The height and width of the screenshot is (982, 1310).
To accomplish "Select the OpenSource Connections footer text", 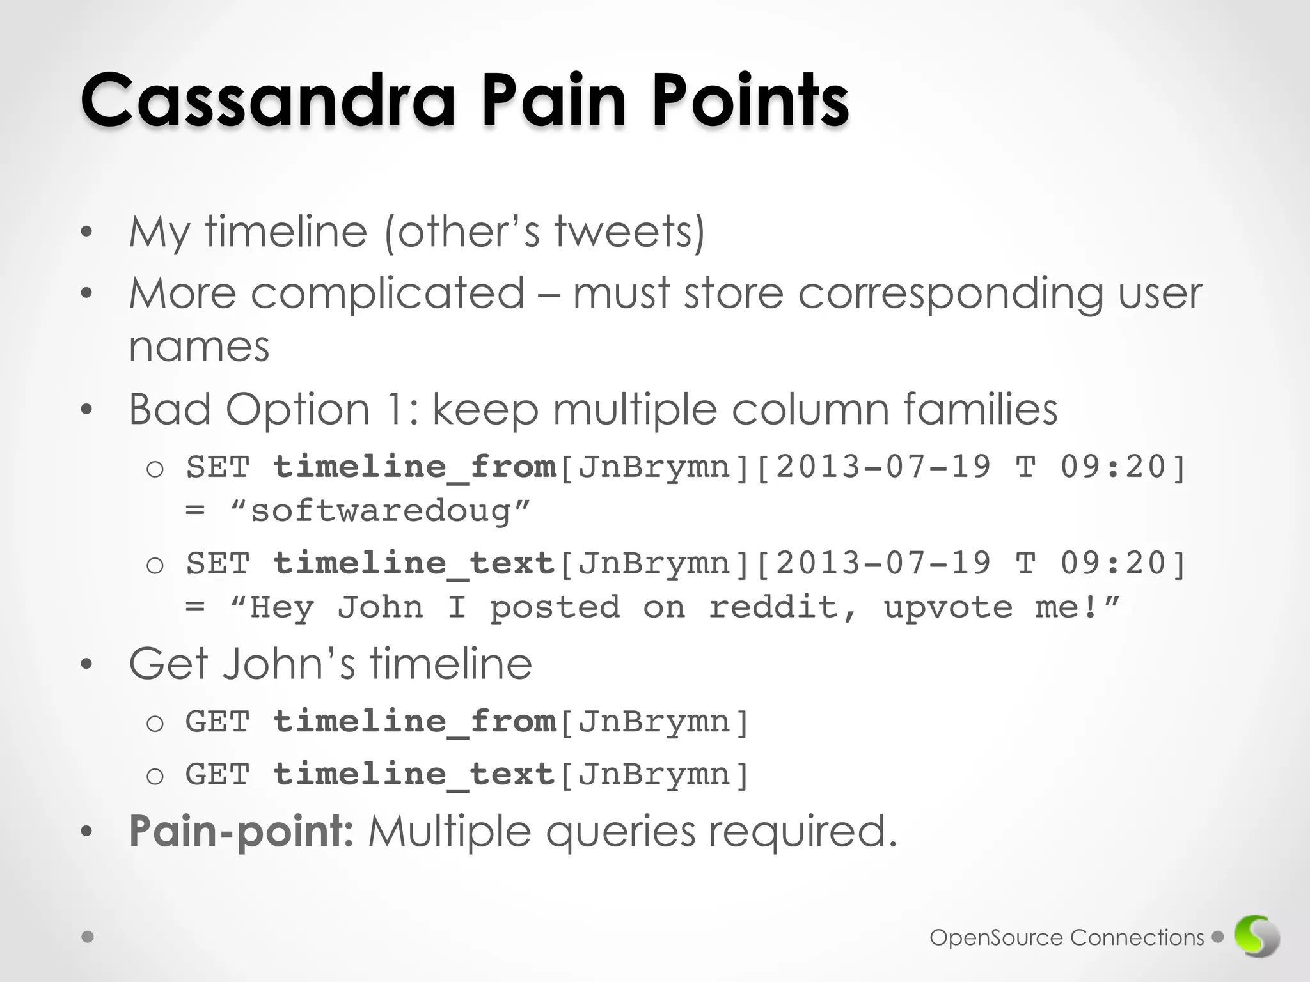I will pyautogui.click(x=1066, y=938).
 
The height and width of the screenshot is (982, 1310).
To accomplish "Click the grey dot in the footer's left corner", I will pyautogui.click(x=88, y=937).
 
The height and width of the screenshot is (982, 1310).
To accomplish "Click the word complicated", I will pyautogui.click(x=387, y=294).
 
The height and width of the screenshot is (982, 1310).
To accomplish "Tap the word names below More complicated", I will pyautogui.click(x=199, y=347).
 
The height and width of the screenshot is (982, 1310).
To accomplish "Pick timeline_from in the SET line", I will pyautogui.click(x=414, y=467).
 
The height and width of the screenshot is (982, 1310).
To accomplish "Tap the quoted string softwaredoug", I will pyautogui.click(x=381, y=511).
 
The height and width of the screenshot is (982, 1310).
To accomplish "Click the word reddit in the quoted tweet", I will pyautogui.click(x=782, y=607).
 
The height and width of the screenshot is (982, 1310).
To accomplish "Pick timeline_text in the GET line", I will pyautogui.click(x=414, y=775).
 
